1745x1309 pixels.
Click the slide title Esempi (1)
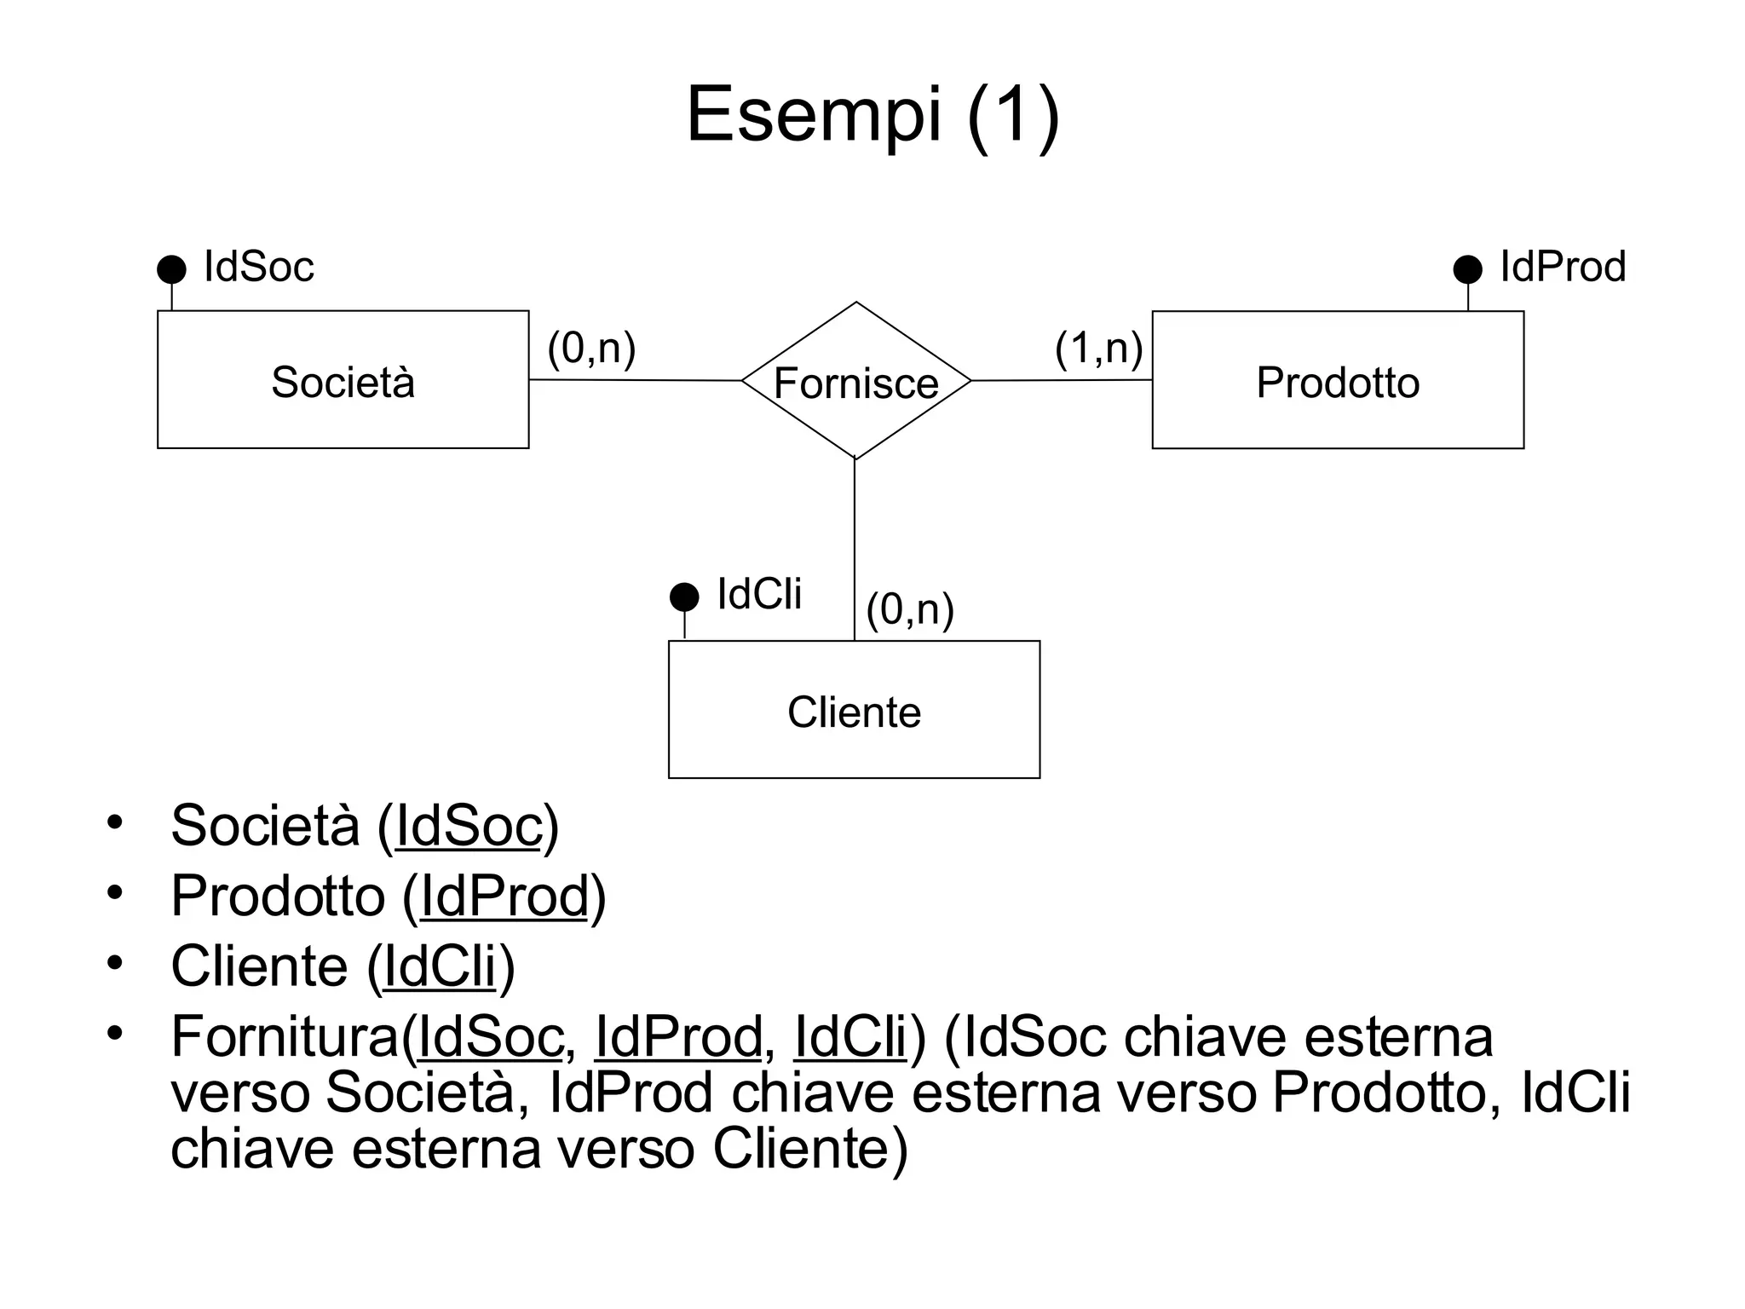coord(872,115)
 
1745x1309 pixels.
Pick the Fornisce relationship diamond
coord(855,381)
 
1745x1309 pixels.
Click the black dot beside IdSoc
coord(171,269)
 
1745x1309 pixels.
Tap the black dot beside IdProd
coord(1467,269)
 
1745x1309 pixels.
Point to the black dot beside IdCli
coord(684,597)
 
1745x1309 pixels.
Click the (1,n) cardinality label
coord(1098,349)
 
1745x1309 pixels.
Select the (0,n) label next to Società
coord(591,349)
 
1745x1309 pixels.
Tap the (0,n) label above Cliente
coord(909,610)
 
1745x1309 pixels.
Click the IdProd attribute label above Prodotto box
coord(1563,267)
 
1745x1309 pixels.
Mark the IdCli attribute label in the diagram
coord(759,594)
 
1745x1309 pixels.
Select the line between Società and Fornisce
coord(635,380)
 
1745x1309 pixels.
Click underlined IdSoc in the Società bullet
coord(469,826)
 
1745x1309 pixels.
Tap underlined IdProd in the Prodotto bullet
coord(504,897)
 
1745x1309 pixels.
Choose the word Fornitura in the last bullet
coord(285,1037)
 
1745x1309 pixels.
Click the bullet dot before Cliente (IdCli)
coord(115,963)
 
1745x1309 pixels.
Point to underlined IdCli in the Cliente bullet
coord(440,967)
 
